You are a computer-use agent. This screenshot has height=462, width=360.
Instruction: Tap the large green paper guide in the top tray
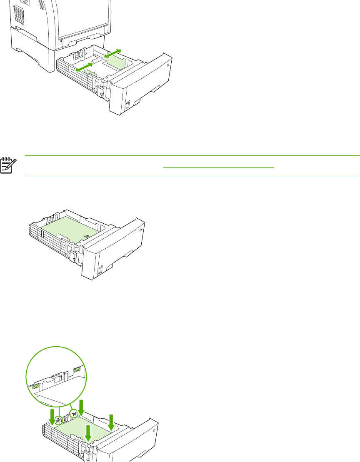pos(116,62)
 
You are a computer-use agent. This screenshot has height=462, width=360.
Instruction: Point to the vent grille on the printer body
pos(18,15)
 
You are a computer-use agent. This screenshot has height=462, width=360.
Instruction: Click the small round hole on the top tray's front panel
pos(168,65)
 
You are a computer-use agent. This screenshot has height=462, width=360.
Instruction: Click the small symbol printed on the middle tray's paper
pos(87,236)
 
